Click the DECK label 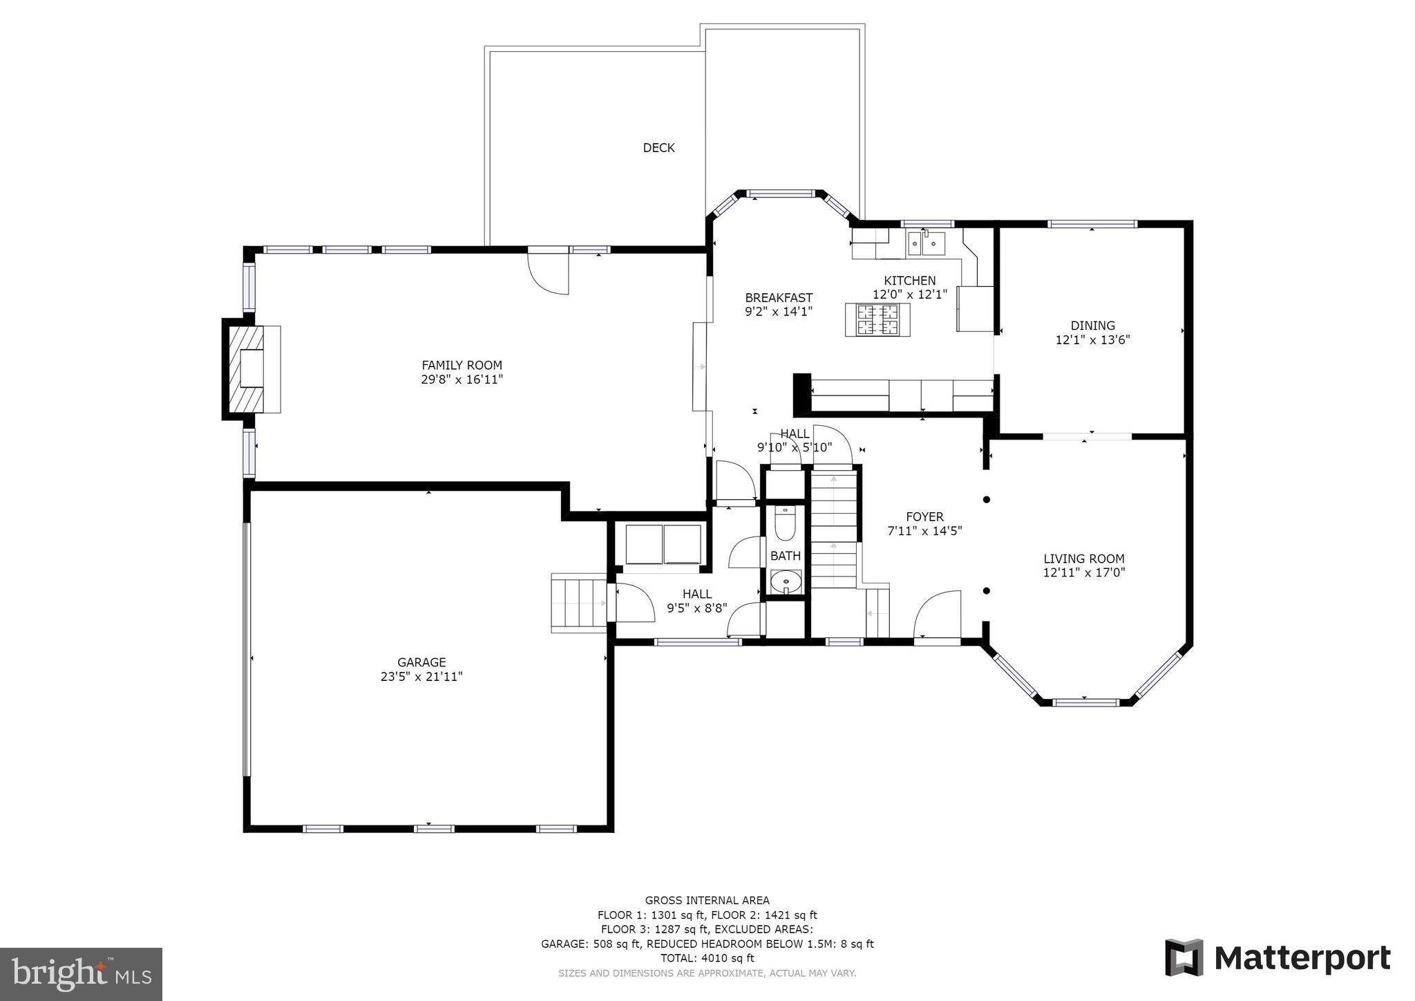(658, 147)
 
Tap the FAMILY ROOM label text (462, 365)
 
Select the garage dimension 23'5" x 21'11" (421, 677)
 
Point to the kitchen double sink (926, 243)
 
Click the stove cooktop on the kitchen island (877, 320)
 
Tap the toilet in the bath (786, 523)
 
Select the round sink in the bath (786, 582)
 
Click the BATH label (786, 556)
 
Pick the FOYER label (924, 516)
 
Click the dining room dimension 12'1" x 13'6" (1092, 339)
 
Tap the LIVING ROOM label (1083, 559)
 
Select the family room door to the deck (549, 272)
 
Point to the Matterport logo (1278, 958)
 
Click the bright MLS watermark (81, 974)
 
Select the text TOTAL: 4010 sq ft (707, 958)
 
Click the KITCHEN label (909, 280)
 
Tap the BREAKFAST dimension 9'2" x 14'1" (778, 312)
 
